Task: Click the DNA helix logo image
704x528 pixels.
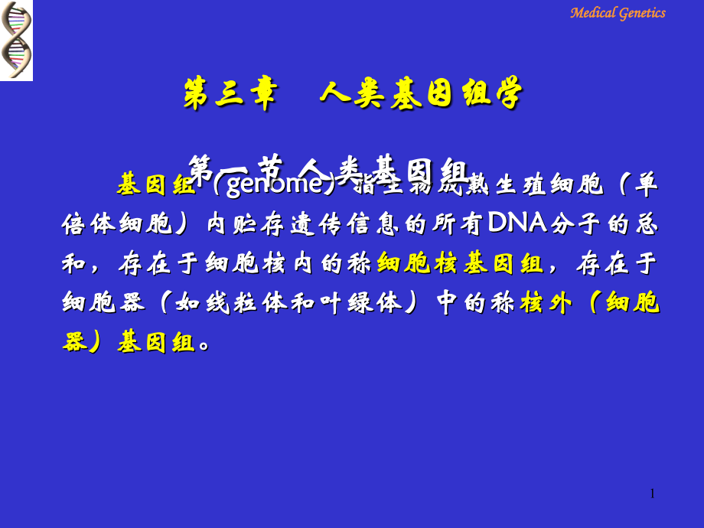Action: pyautogui.click(x=16, y=40)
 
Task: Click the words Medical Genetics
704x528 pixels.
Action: pyautogui.click(x=618, y=13)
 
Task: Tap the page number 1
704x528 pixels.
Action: pyautogui.click(x=652, y=494)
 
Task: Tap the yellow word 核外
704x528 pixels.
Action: pyautogui.click(x=546, y=304)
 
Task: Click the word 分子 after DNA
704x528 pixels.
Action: pyautogui.click(x=572, y=224)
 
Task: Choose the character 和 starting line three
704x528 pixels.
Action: pyautogui.click(x=76, y=264)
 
